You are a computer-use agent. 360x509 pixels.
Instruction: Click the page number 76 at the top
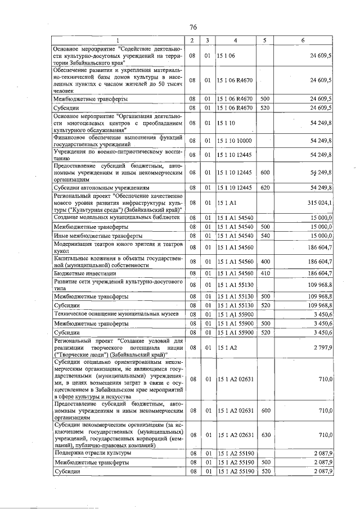[x=192, y=28]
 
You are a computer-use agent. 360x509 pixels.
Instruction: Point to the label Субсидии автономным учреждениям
[x=102, y=187]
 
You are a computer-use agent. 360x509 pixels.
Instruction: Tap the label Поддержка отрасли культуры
[x=93, y=452]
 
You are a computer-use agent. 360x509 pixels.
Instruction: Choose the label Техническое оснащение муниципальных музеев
[x=115, y=313]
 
